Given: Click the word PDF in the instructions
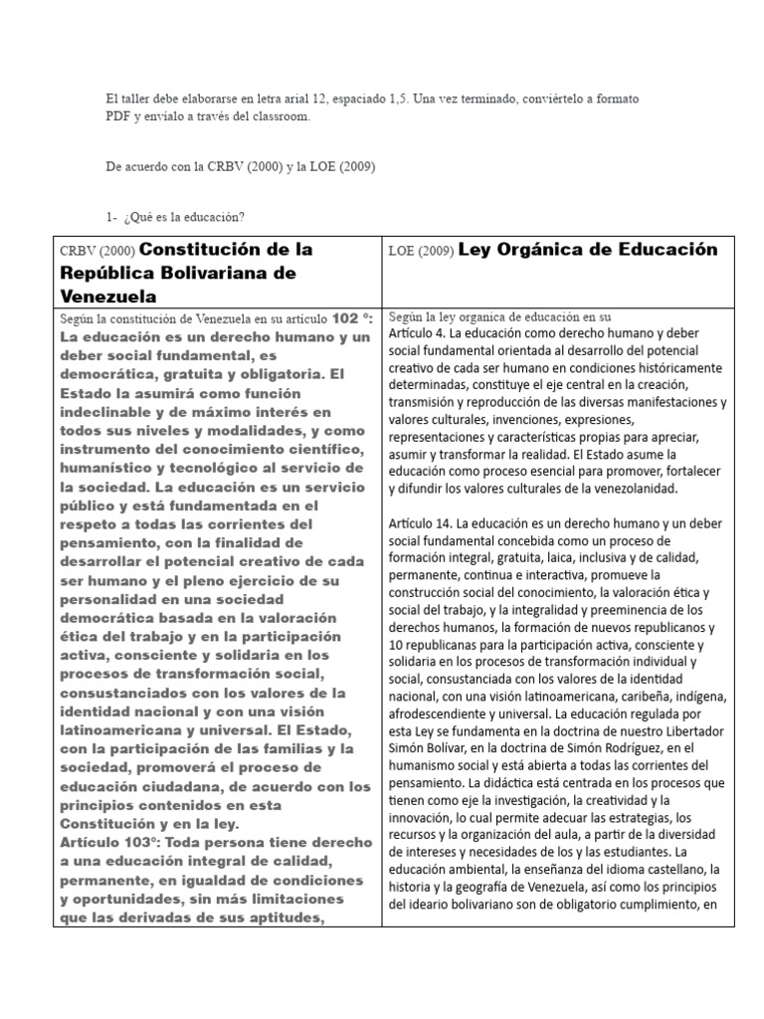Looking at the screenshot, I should [117, 116].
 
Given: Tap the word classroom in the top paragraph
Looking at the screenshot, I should [282, 116].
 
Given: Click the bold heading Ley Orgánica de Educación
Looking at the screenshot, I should [587, 250].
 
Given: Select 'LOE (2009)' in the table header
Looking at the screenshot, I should [420, 252].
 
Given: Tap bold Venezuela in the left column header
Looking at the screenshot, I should [108, 296].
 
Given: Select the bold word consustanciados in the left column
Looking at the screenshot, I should [122, 692].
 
